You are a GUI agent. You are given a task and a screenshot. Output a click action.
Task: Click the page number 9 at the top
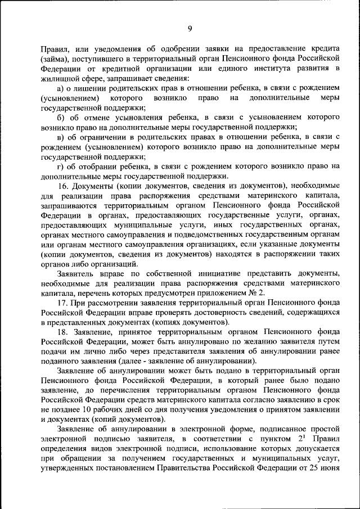pyautogui.click(x=190, y=29)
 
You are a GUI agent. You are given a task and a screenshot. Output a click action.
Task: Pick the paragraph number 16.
pyautogui.click(x=63, y=186)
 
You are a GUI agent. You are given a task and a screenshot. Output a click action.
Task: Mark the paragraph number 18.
pyautogui.click(x=63, y=332)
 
